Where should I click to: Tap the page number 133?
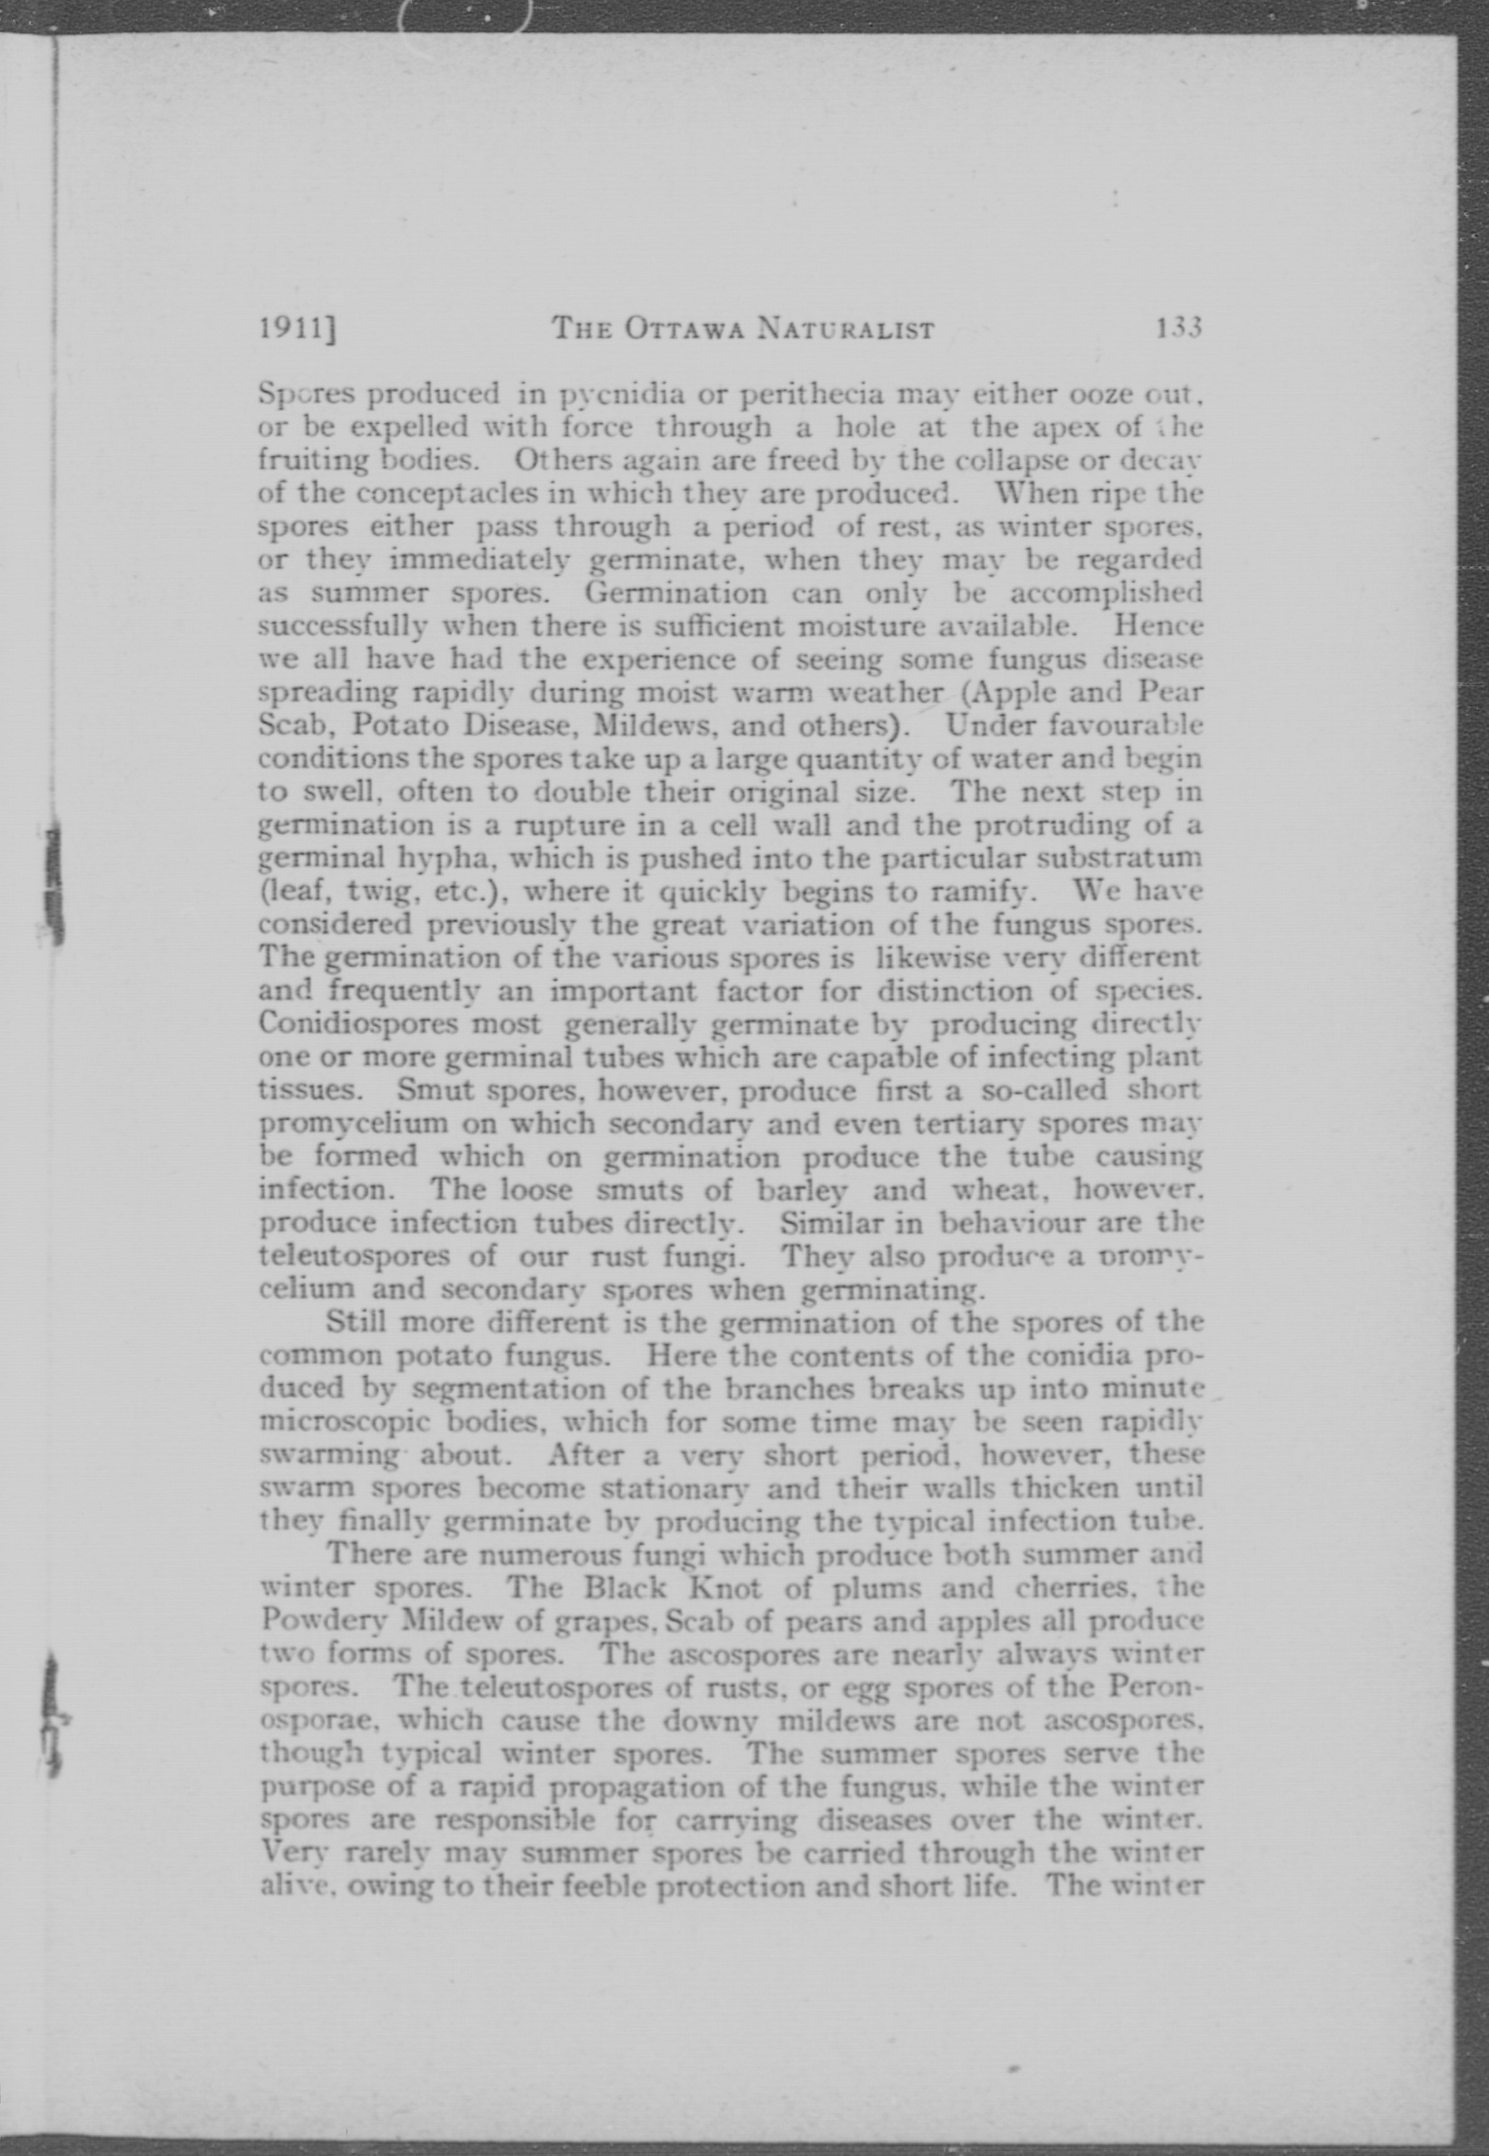(x=1178, y=328)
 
